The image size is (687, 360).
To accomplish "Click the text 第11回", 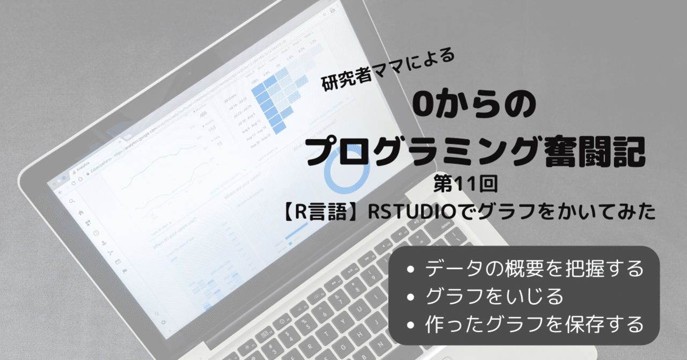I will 467,186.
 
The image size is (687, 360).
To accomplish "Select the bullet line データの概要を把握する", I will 533,268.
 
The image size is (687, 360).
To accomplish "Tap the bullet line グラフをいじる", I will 494,296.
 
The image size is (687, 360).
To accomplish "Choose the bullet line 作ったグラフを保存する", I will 533,324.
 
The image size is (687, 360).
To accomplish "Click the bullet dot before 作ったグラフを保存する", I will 411,325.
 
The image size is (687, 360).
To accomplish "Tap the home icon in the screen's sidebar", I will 81,212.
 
